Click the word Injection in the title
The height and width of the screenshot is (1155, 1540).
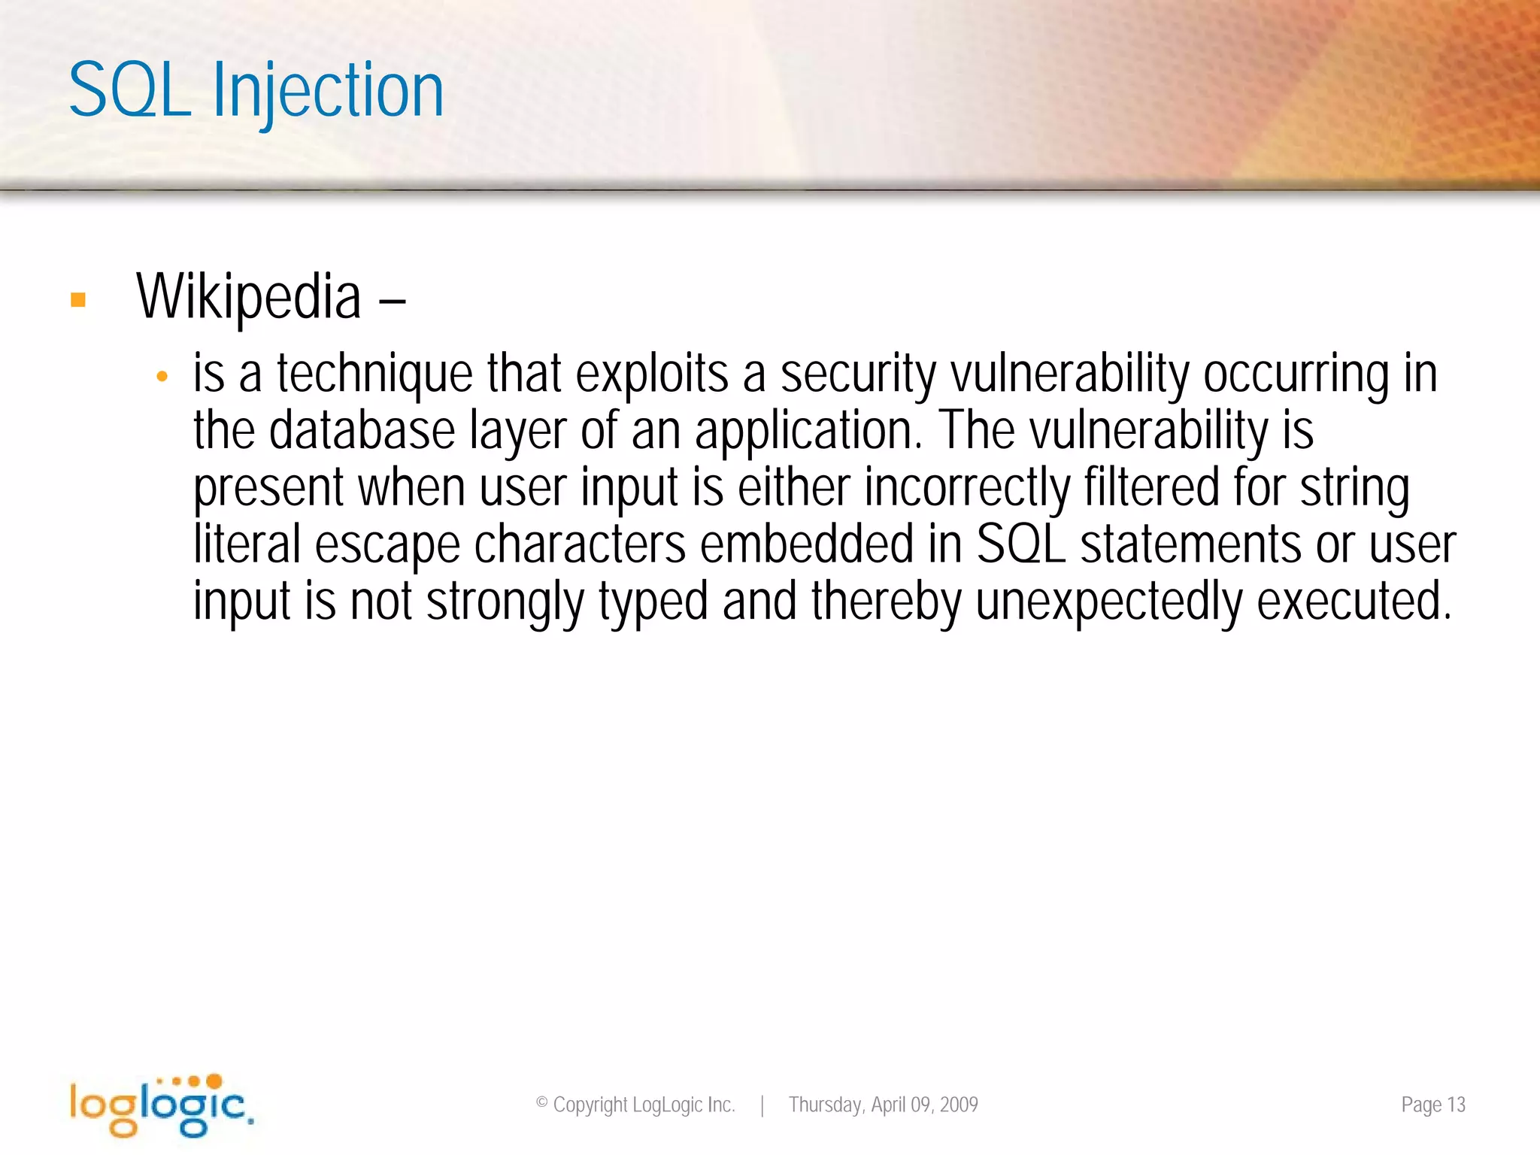(x=328, y=92)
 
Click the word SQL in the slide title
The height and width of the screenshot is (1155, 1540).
(x=129, y=92)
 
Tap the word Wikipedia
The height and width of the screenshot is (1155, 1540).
(x=248, y=298)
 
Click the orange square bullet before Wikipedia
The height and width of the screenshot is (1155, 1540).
(x=78, y=301)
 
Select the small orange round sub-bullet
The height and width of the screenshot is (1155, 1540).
(x=162, y=377)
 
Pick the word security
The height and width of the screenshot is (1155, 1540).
(x=858, y=374)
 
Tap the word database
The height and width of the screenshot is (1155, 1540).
(x=362, y=431)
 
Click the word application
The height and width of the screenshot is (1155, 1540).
(x=807, y=431)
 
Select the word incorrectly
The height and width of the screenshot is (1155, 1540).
(x=966, y=487)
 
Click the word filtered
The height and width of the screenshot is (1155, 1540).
(x=1151, y=487)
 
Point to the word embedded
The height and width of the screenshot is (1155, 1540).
(x=806, y=544)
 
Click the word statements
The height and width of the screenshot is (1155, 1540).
(x=1190, y=544)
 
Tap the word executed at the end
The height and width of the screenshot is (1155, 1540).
(x=1354, y=602)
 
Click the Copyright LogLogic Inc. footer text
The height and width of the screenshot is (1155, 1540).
(x=635, y=1105)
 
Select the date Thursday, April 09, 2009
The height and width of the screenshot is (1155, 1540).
(x=883, y=1105)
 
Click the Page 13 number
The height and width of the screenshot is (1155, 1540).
(x=1432, y=1105)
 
